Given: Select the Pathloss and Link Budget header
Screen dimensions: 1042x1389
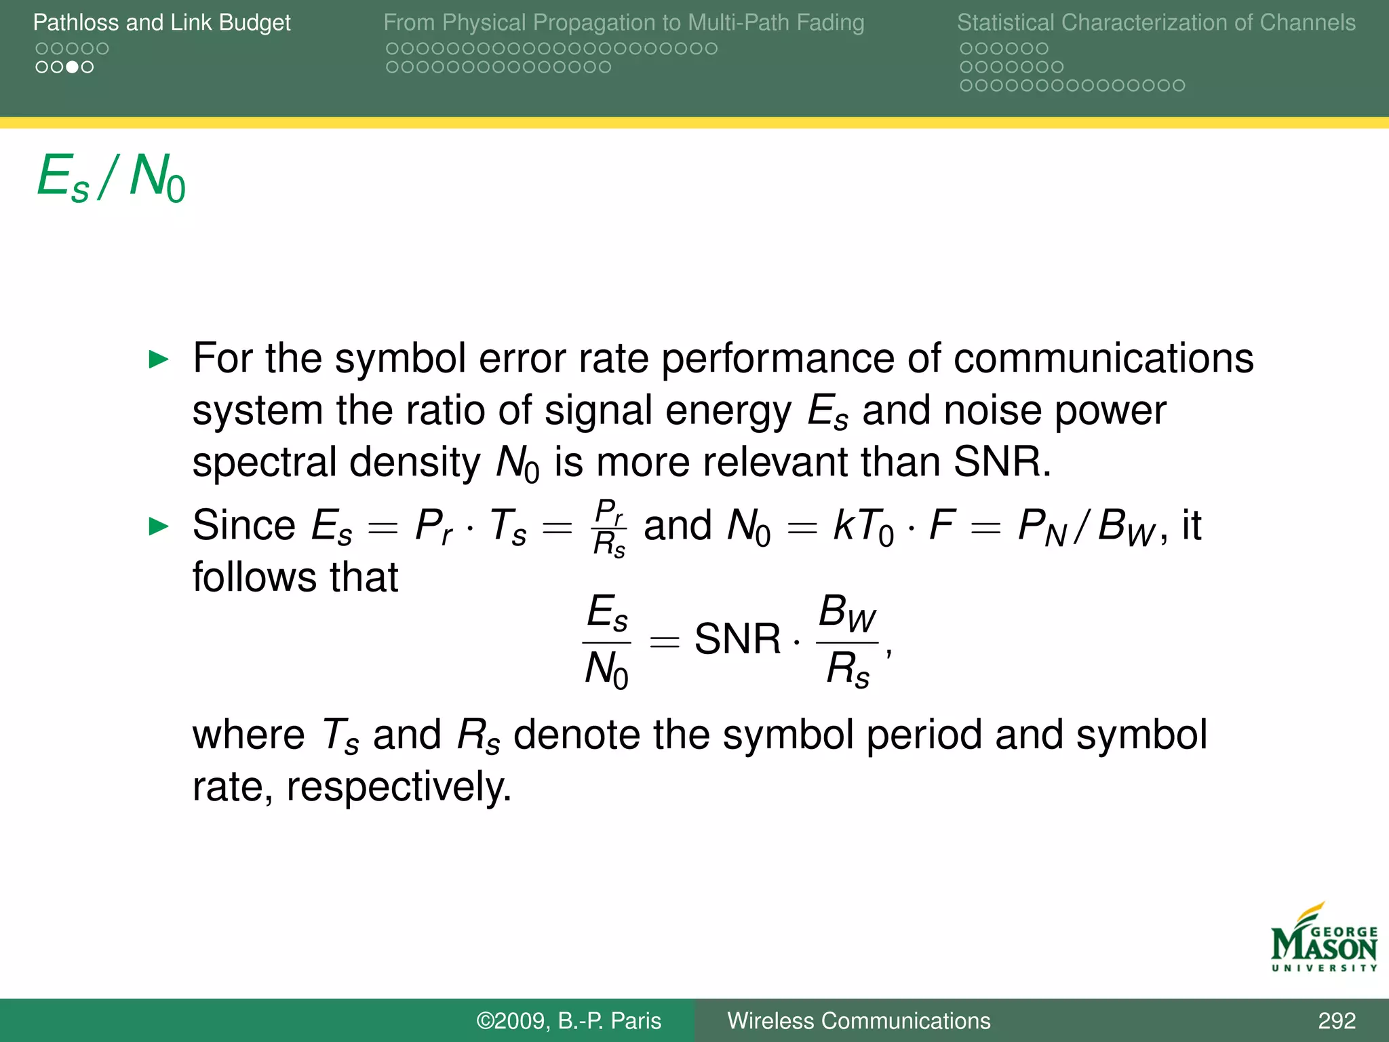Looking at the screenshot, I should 161,22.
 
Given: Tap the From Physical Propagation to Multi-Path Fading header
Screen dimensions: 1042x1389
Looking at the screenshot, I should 623,22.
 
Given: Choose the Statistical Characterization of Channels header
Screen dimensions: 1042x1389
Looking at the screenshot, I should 1156,22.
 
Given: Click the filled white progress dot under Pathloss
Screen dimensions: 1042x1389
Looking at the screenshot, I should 72,67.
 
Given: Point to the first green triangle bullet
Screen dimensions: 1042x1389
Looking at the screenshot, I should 158,359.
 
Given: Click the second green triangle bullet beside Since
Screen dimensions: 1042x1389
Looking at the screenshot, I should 158,526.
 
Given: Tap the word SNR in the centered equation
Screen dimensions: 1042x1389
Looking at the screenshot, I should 737,639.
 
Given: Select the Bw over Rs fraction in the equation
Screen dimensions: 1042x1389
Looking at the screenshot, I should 847,640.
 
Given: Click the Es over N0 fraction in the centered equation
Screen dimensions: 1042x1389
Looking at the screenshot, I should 607,640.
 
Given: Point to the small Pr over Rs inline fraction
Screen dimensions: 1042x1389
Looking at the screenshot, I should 609,528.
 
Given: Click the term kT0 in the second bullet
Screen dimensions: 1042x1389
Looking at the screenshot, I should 863,526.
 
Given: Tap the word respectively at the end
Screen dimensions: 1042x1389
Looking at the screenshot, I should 398,788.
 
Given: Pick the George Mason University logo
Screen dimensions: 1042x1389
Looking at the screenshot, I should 1323,939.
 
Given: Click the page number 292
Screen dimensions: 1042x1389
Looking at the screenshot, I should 1336,1021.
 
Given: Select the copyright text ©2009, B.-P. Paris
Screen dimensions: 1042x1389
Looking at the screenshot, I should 568,1021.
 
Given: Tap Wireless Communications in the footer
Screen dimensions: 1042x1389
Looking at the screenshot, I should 859,1021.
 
